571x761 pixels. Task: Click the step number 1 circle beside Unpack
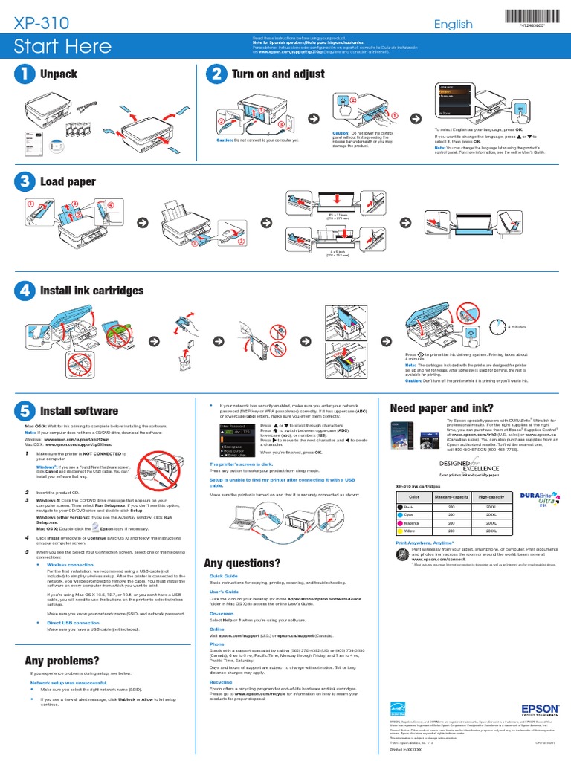25,74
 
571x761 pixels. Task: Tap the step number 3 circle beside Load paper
25,181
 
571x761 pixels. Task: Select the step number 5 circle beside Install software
25,410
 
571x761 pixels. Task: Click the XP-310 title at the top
42,24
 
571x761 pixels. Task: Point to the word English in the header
454,24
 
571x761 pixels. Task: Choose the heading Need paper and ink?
442,408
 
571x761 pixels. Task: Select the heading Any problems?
62,661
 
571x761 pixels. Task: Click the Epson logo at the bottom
541,709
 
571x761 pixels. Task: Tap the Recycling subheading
221,681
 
